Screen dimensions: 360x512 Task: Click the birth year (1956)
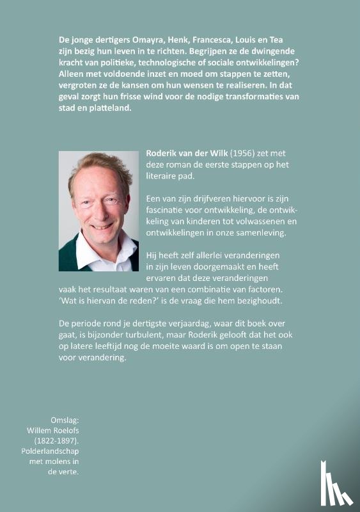(x=230, y=154)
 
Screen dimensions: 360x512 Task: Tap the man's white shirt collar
(x=102, y=250)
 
